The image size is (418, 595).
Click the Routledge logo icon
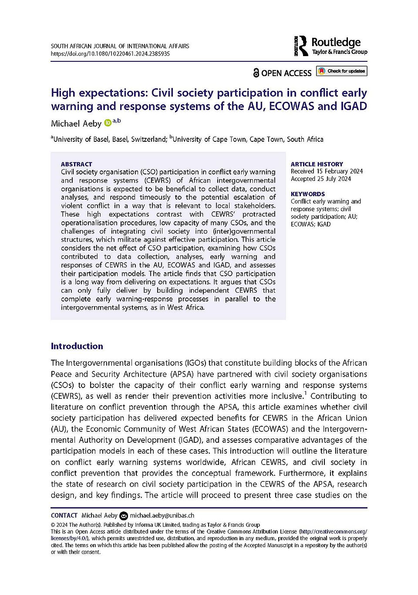(x=301, y=46)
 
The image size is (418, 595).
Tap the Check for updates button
(x=342, y=71)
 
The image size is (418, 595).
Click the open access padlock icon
(x=256, y=73)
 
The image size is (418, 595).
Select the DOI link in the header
(x=110, y=54)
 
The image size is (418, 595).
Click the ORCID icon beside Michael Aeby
(x=108, y=124)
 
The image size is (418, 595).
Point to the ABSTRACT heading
(x=77, y=164)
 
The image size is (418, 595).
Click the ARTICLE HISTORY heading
(x=317, y=164)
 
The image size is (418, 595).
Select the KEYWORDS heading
(x=308, y=194)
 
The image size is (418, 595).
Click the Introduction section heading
(x=77, y=346)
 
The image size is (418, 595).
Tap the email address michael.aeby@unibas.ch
(x=162, y=515)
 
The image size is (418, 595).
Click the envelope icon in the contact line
(x=124, y=516)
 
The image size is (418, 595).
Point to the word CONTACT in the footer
(x=64, y=515)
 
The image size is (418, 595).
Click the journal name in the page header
(x=120, y=46)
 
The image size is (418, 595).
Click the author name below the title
(x=76, y=124)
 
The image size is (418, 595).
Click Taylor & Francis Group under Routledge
(x=340, y=52)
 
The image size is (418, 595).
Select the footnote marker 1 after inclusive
(x=305, y=394)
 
